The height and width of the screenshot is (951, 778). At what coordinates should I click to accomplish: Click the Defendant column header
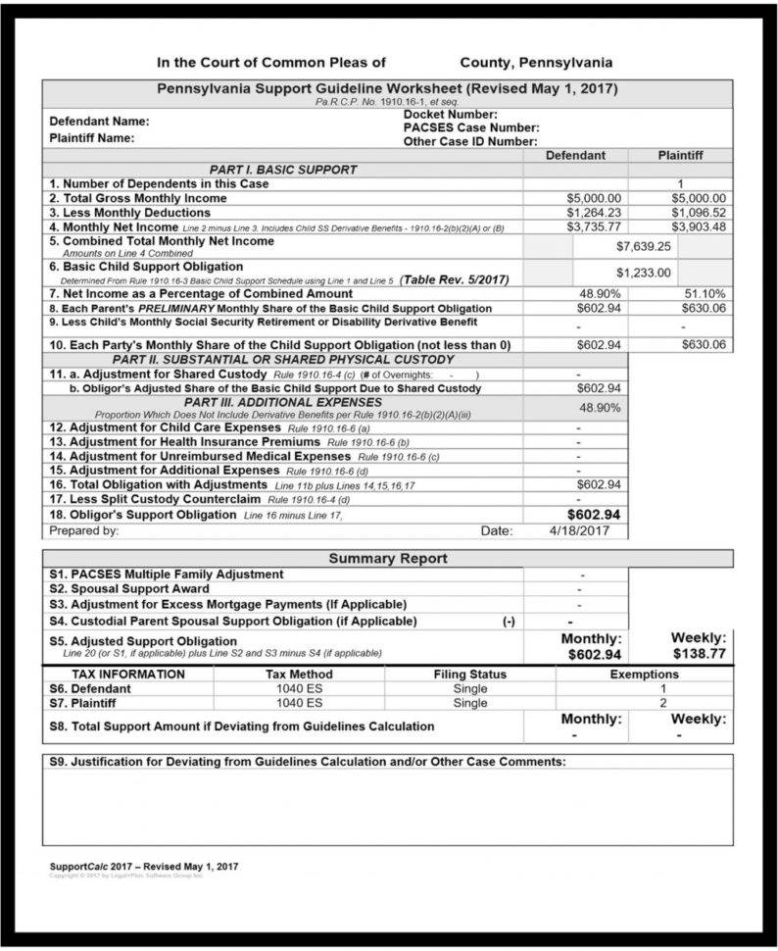pyautogui.click(x=575, y=155)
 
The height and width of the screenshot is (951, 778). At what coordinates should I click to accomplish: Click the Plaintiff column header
pyautogui.click(x=680, y=155)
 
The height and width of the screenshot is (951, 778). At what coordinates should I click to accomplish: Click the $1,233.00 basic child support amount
pyautogui.click(x=642, y=273)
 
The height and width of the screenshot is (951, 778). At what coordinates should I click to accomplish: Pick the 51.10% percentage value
pyautogui.click(x=704, y=293)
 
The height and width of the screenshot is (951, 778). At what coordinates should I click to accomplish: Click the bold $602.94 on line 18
pyautogui.click(x=593, y=514)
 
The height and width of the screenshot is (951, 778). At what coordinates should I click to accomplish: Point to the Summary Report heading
pyautogui.click(x=387, y=559)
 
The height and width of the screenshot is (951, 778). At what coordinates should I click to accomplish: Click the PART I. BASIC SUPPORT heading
pyautogui.click(x=282, y=170)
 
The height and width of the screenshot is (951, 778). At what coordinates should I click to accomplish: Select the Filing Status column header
pyautogui.click(x=469, y=675)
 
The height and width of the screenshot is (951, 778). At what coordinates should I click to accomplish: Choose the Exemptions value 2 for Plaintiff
pyautogui.click(x=662, y=703)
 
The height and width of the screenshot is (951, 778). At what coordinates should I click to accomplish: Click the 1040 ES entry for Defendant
pyautogui.click(x=299, y=689)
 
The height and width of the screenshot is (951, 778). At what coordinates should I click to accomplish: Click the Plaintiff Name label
pyautogui.click(x=92, y=138)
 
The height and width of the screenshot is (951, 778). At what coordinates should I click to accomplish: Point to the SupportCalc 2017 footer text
pyautogui.click(x=143, y=867)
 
